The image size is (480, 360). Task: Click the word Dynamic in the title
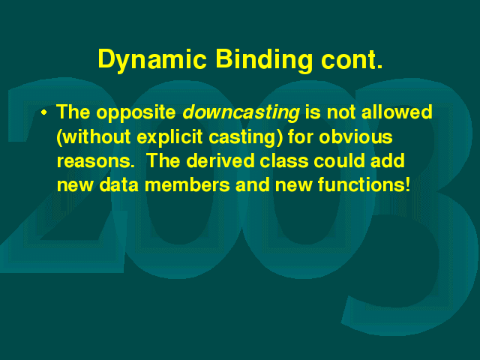pos(152,60)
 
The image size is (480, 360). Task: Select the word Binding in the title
pos(264,60)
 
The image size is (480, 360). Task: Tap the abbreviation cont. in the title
pos(352,60)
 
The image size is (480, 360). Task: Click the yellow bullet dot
pos(44,112)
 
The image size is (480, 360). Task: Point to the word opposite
pos(136,113)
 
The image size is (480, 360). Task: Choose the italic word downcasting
pos(241,113)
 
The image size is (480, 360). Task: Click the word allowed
pos(397,112)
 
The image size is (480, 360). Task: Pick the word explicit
pos(169,137)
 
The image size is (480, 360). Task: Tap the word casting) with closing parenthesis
pos(246,137)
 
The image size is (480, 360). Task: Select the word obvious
pos(355,136)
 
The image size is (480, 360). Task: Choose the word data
pos(119,184)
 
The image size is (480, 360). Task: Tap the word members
pos(187,184)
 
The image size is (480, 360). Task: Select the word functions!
pos(364,184)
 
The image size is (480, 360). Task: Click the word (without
pos(94,137)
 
